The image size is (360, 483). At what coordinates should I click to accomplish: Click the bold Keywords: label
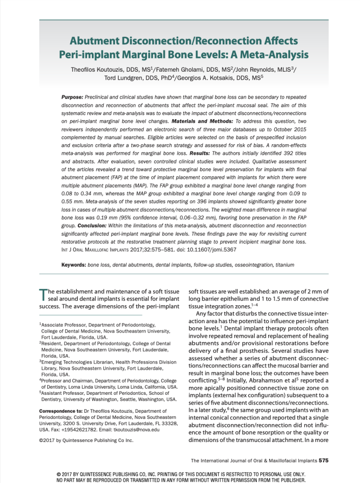[74, 266]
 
